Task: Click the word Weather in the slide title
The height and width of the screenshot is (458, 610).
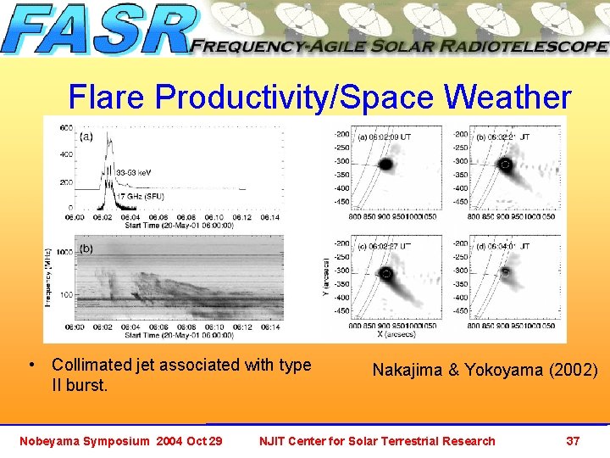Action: (507, 98)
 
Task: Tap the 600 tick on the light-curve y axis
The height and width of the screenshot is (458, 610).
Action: (65, 127)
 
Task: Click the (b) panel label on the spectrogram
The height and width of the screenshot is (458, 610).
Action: (86, 248)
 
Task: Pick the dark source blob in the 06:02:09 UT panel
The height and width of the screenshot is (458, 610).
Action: (385, 164)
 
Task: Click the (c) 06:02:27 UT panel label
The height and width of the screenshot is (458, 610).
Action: (384, 245)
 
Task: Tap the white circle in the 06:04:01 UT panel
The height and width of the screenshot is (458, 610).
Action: (506, 273)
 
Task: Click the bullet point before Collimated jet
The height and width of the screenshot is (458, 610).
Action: (31, 366)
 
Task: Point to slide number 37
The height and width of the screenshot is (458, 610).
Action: (573, 440)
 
